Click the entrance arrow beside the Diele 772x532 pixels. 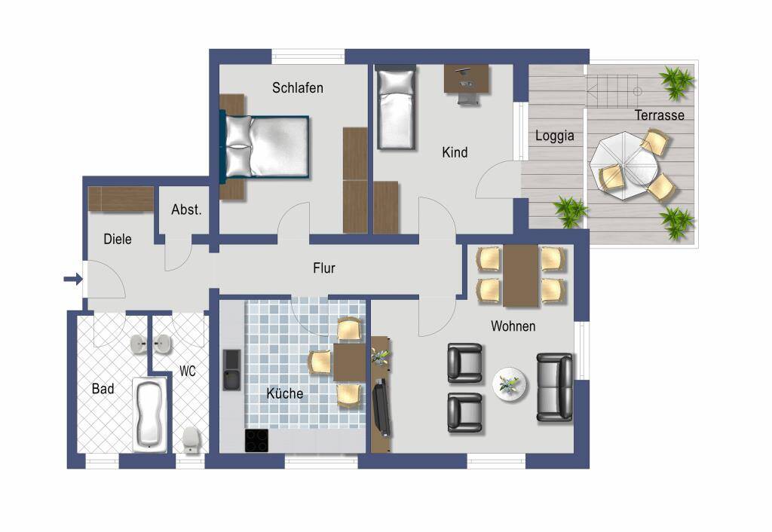pos(73,280)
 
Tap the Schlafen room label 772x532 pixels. pos(298,88)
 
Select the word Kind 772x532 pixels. pos(455,152)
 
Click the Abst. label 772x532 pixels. pos(187,210)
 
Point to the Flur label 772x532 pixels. pos(324,268)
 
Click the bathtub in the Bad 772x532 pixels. pos(150,414)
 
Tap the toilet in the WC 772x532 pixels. pos(191,439)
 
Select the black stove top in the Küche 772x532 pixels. pos(257,441)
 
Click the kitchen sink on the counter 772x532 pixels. pos(232,370)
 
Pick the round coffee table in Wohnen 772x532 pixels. pos(510,384)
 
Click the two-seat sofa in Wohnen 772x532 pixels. pos(555,387)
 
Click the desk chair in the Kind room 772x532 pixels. pos(468,97)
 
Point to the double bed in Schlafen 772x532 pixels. pos(265,147)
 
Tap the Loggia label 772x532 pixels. pos(555,136)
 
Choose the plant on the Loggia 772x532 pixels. pos(570,212)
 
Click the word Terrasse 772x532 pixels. pos(659,115)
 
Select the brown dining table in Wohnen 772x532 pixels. pos(521,276)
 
